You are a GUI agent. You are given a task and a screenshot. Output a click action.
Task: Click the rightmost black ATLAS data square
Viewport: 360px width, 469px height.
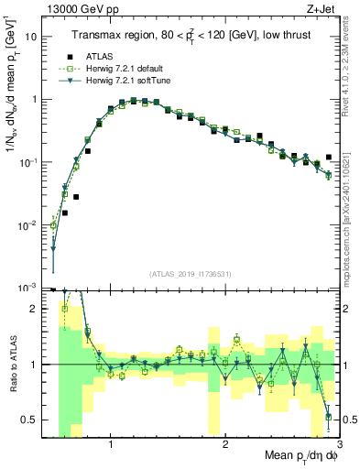pos(328,158)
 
